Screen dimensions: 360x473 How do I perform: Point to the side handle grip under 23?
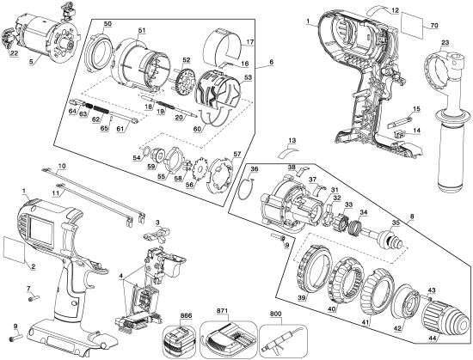[x=445, y=155]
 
